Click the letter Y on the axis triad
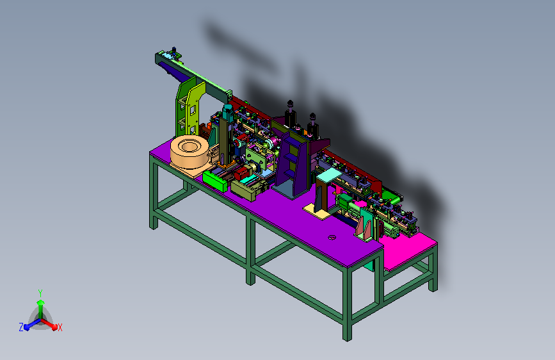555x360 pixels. [40, 293]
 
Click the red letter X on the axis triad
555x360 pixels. [60, 327]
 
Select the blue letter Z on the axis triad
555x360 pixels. [21, 327]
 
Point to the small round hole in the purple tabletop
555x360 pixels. [332, 238]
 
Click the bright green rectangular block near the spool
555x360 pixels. [215, 181]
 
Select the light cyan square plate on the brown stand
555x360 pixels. [328, 175]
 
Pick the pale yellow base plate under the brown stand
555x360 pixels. [317, 211]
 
